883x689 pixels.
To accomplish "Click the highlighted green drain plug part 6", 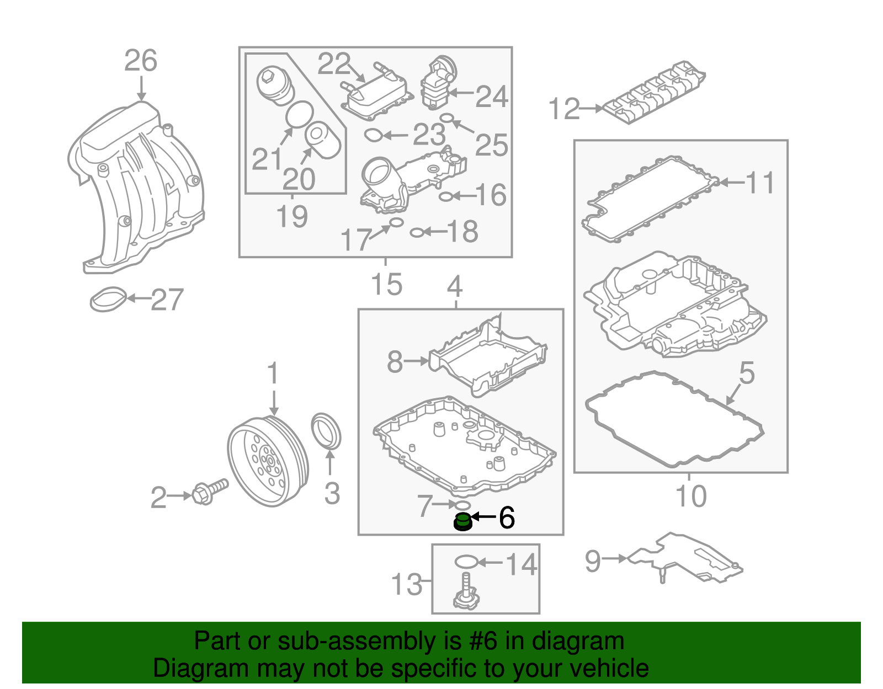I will pyautogui.click(x=462, y=522).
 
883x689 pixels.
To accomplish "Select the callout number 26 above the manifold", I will pyautogui.click(x=140, y=61).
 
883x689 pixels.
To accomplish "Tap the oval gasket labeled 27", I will pyautogui.click(x=108, y=298).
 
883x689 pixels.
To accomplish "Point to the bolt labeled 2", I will pyautogui.click(x=210, y=492).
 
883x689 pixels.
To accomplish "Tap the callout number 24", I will pyautogui.click(x=491, y=97).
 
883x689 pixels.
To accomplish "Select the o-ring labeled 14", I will pyautogui.click(x=466, y=562).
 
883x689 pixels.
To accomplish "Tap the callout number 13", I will pyautogui.click(x=406, y=584).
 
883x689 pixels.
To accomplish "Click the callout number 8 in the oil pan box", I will pyautogui.click(x=395, y=362).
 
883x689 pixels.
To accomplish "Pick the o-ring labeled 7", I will pyautogui.click(x=461, y=505).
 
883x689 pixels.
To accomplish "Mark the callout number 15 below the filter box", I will pyautogui.click(x=386, y=285).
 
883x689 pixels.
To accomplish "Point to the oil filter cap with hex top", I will pyautogui.click(x=274, y=86).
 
